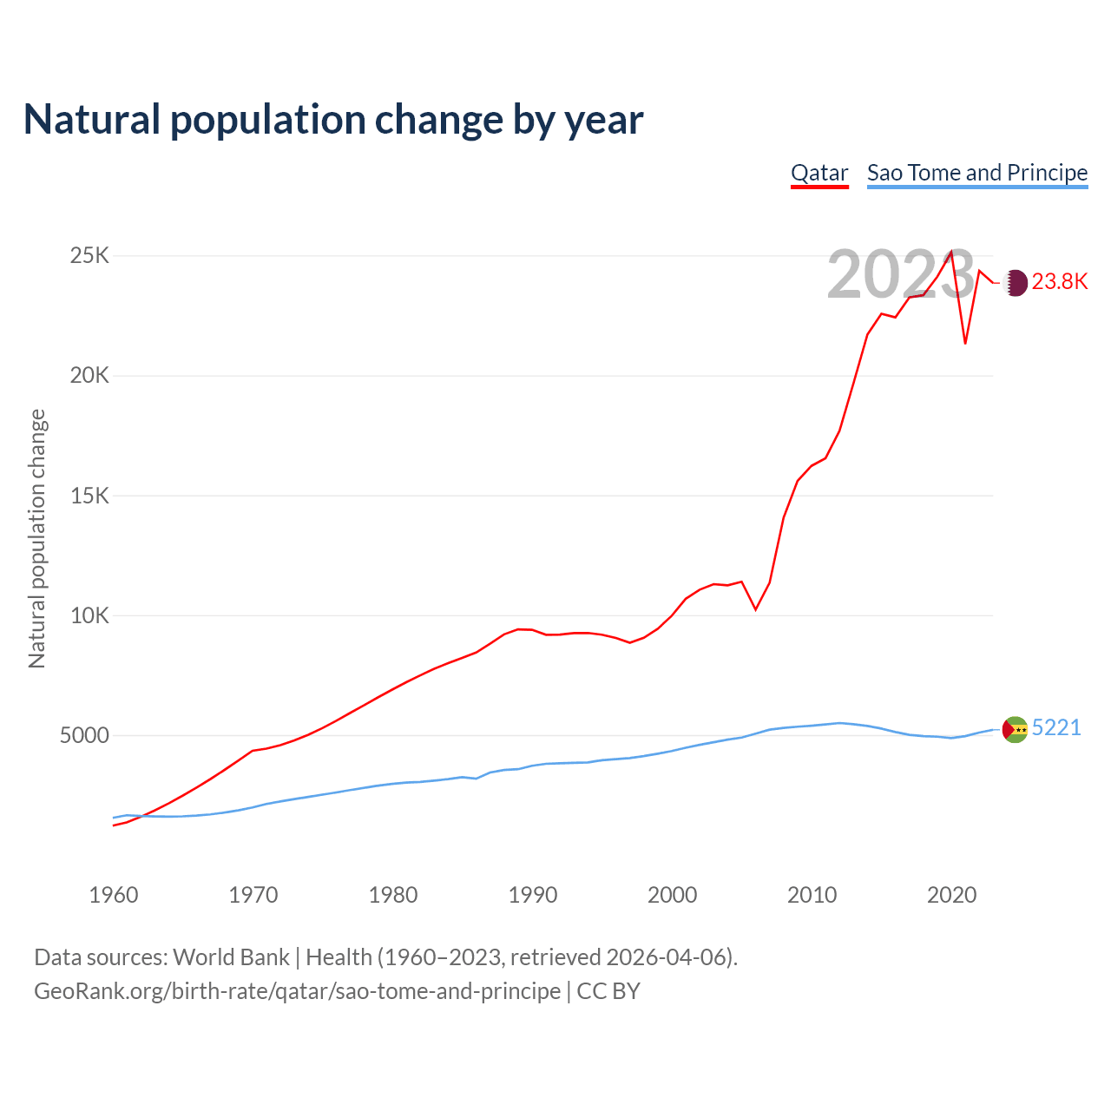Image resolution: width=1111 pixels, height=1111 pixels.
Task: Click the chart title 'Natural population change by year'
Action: coord(333,120)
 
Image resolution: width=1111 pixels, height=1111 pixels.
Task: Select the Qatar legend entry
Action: coord(819,173)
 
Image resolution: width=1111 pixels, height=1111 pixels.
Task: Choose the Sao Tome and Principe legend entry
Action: coord(977,173)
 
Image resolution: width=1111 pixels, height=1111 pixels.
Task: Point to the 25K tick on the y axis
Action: coord(90,255)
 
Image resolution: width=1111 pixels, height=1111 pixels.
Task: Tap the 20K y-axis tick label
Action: coord(90,376)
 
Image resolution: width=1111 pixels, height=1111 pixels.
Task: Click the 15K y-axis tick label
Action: coord(90,496)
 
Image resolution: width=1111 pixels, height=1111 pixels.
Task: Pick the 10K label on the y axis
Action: coord(90,615)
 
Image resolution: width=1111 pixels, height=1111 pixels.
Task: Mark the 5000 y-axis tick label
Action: coord(85,736)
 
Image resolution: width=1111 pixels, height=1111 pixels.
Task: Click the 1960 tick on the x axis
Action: coord(114,894)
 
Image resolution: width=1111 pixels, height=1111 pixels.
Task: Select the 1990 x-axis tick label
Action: coord(533,894)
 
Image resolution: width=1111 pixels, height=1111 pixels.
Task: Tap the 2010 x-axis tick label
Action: coord(812,894)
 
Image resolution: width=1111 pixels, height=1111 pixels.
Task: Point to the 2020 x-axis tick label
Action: coord(952,894)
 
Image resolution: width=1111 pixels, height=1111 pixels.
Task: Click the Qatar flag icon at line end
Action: coord(1016,282)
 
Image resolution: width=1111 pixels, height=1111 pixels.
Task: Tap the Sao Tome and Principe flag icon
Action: coord(1015,730)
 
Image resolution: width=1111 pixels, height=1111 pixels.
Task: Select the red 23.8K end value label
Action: coord(1060,282)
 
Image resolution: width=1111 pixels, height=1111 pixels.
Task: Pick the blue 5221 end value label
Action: coord(1056,727)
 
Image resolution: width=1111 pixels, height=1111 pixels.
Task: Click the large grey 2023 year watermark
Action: coord(900,275)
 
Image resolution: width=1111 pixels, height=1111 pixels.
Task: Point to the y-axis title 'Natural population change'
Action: coord(37,539)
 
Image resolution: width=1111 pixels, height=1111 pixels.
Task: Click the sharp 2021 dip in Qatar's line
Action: coord(965,343)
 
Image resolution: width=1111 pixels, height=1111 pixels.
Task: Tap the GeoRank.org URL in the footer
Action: coord(298,991)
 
